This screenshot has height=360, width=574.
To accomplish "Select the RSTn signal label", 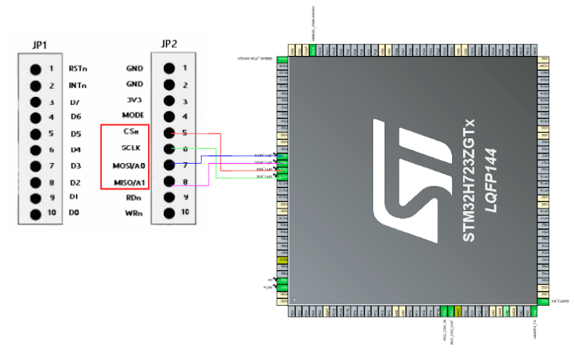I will coord(78,68).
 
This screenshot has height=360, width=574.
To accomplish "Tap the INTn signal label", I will coord(78,85).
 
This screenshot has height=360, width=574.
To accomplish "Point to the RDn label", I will coord(133,197).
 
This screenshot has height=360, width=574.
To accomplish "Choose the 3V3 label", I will coord(134,100).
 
